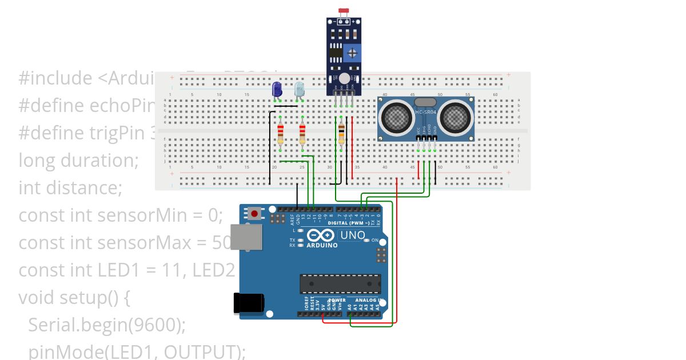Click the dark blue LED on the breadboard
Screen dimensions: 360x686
(277, 90)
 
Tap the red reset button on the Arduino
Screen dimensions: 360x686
(254, 214)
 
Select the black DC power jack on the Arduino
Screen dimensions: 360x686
(249, 303)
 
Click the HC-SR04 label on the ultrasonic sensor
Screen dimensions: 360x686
(426, 112)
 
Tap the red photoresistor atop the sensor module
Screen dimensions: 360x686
(344, 11)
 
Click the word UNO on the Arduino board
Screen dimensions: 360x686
(353, 235)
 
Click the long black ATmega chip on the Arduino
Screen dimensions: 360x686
(341, 283)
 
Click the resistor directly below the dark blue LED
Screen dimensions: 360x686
(280, 135)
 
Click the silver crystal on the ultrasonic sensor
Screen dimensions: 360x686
(425, 102)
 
